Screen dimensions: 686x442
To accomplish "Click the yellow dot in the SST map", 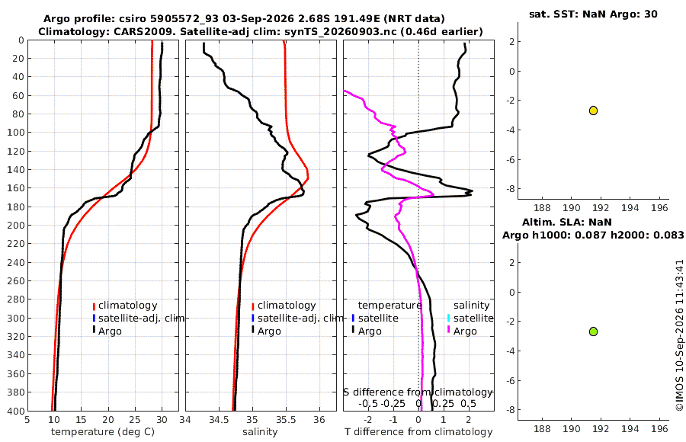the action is point(593,110).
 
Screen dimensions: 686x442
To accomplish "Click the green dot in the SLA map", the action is point(593,331).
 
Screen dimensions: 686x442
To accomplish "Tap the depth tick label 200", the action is point(16,225).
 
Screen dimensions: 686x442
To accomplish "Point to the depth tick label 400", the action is point(16,411).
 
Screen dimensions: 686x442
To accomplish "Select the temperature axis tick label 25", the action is point(135,420).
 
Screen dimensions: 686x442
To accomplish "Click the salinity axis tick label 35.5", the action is point(286,420).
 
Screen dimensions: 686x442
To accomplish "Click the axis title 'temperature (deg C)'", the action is point(103,432).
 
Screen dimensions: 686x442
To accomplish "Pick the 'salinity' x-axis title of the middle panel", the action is point(260,432).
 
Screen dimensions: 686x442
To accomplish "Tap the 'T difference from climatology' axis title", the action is point(418,432).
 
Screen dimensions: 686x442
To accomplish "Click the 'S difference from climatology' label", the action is point(418,392).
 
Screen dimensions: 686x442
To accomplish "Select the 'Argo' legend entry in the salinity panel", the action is point(266,331).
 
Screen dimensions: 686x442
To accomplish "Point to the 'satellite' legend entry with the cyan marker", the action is point(470,318).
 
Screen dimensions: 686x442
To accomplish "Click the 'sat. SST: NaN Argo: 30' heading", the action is point(593,14).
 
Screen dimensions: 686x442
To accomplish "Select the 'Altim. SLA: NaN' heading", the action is point(566,223).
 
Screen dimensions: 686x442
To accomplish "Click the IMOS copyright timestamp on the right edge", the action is point(679,335).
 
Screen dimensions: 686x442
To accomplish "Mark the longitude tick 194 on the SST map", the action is point(630,207).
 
